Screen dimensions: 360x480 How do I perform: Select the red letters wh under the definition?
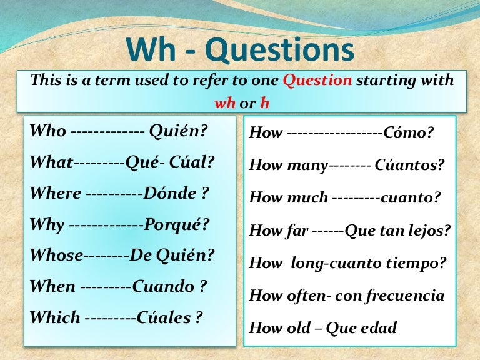(224, 103)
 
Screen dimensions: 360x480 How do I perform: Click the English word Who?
(47, 132)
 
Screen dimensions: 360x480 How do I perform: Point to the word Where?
(55, 194)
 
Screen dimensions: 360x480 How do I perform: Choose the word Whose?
(56, 256)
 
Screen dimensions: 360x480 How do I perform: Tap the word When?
(52, 286)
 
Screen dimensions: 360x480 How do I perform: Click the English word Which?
(55, 317)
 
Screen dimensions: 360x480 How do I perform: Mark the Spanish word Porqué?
(177, 224)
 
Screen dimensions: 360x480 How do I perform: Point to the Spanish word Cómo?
(409, 132)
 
